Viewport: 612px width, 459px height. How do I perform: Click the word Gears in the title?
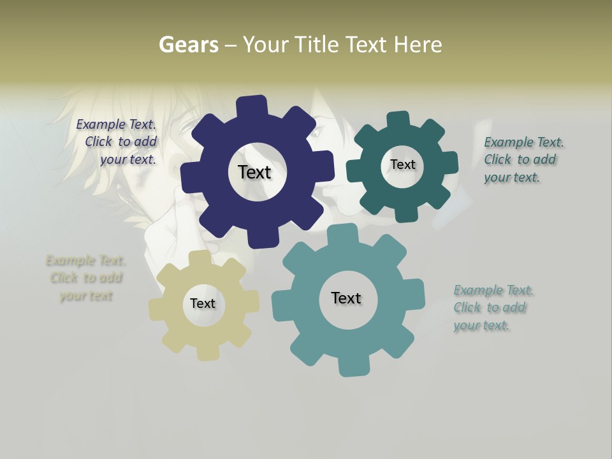[x=189, y=45]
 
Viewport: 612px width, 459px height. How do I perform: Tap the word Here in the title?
[x=418, y=45]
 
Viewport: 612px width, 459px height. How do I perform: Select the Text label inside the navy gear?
[x=254, y=172]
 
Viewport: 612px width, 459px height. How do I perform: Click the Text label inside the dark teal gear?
[x=402, y=164]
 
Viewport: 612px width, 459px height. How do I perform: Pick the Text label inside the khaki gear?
[x=203, y=303]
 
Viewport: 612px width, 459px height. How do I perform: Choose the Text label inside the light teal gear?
[x=346, y=298]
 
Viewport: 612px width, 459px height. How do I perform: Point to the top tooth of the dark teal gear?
[x=398, y=120]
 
